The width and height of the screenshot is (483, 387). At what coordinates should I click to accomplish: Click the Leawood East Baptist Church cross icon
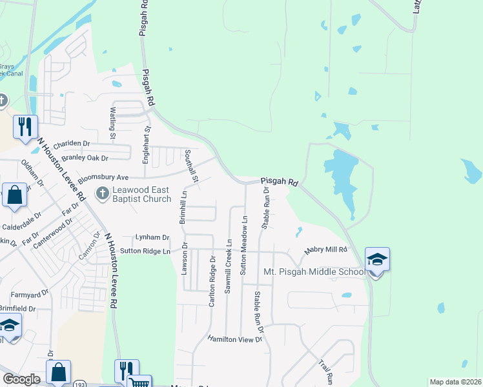pyautogui.click(x=102, y=193)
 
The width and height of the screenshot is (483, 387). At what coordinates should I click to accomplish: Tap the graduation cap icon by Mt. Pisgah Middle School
pyautogui.click(x=377, y=260)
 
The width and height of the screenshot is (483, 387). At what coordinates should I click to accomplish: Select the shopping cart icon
pyautogui.click(x=139, y=382)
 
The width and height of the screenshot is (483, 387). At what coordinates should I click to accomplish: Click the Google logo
pyautogui.click(x=21, y=379)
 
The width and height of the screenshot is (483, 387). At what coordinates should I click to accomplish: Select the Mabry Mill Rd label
pyautogui.click(x=326, y=250)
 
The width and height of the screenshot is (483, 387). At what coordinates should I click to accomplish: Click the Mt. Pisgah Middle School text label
pyautogui.click(x=314, y=272)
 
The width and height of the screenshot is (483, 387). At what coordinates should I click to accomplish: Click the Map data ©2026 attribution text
pyautogui.click(x=456, y=382)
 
